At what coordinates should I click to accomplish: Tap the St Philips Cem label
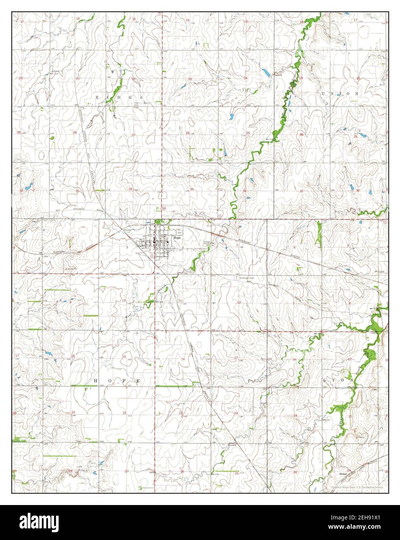247,278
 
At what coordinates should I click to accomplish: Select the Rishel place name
343,474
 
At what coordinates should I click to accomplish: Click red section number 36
245,191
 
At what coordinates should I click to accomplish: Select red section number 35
192,189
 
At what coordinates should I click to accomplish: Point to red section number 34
131,189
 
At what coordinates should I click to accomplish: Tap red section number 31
302,191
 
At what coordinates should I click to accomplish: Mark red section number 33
78,191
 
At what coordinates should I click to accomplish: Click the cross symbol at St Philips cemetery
235,278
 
